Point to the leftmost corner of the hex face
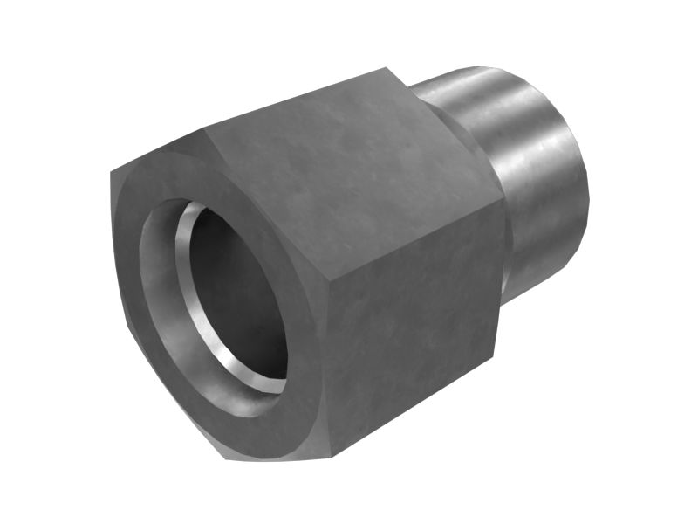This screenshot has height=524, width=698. (x=111, y=175)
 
